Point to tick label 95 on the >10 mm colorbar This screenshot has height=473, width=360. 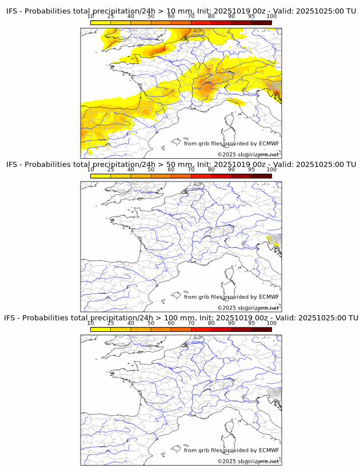coord(251,16)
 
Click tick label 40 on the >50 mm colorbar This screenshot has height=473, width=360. coord(131,170)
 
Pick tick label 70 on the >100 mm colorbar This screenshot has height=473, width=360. coord(191,323)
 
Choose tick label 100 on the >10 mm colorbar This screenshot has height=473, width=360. coord(271,16)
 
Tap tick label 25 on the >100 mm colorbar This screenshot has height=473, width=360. coord(111,323)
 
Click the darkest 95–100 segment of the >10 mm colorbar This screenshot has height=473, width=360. coord(261,22)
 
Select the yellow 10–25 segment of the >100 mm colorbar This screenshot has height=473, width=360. coord(101,329)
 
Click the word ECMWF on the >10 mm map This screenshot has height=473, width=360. coord(269,143)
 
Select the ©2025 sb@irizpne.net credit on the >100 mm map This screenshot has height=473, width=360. coord(248,461)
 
